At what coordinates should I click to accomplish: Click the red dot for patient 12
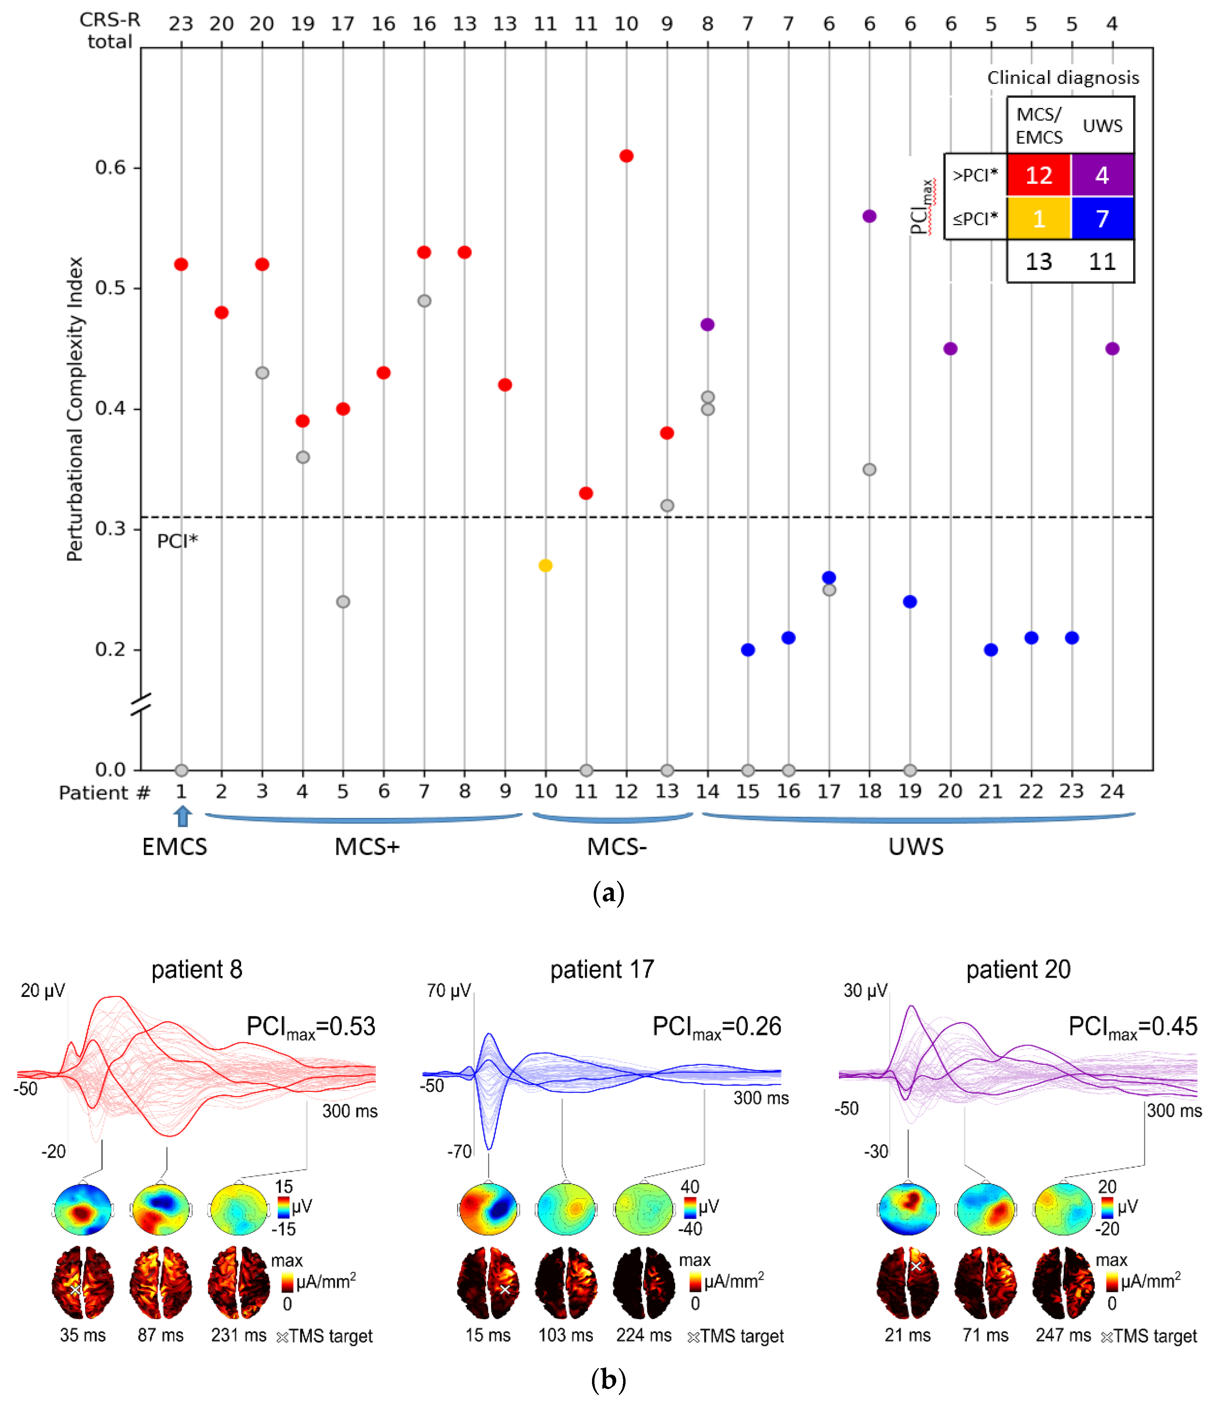point(626,156)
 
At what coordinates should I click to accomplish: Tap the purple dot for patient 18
point(869,216)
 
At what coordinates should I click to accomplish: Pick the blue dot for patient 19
point(910,601)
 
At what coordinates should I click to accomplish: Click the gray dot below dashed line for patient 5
point(343,601)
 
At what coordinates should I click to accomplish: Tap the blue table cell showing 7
point(1102,218)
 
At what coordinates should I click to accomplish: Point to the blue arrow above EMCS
point(182,816)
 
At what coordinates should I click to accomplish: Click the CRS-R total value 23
point(181,24)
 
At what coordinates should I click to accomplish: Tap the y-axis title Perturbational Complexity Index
point(75,409)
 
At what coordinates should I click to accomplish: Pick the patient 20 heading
point(1018,970)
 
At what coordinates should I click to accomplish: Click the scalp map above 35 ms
point(83,1209)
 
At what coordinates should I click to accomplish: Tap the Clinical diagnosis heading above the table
point(1063,78)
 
